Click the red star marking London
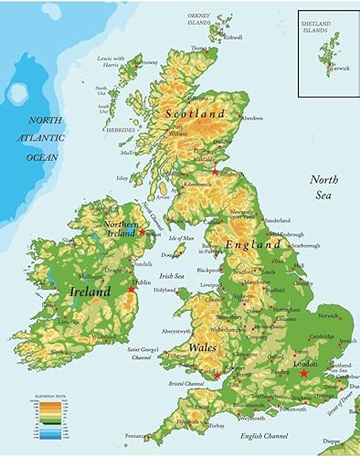coord(302,372)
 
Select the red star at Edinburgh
coord(216,171)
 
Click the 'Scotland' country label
coord(195,113)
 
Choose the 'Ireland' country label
coord(90,292)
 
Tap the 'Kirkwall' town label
coord(232,37)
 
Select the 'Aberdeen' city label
coord(253,118)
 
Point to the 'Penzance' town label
coord(134,437)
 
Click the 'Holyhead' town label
coord(164,290)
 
